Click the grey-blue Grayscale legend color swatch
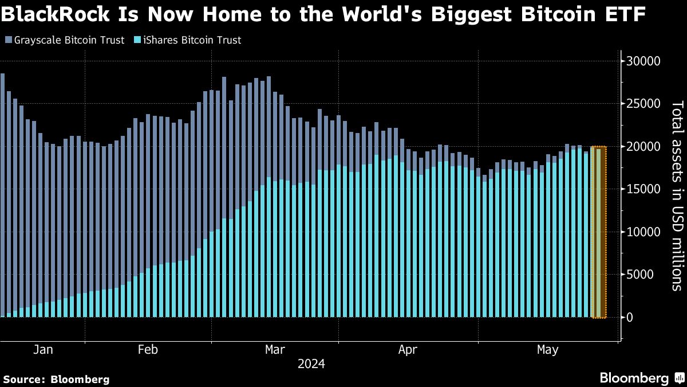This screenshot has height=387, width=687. pos(8,40)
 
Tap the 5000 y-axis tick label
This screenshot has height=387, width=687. pos(647,275)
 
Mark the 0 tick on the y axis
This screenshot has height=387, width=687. pos(630,317)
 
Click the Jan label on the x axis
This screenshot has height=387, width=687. pos(44,349)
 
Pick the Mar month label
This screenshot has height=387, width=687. pos(275,349)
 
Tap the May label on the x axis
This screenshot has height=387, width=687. pos(548,349)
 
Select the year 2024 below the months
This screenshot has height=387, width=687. pos(311,364)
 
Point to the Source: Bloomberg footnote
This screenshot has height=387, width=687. pos(56,379)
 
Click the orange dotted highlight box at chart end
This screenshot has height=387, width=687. pos(598,232)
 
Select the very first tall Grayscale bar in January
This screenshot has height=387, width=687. pos(3,195)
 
